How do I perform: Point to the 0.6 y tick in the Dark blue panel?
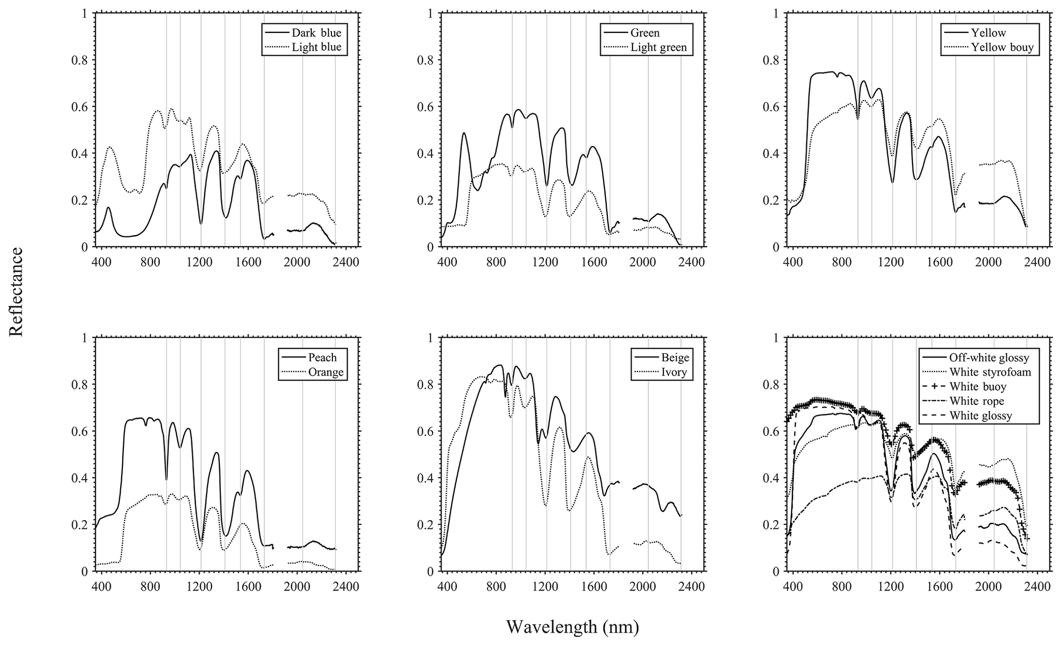pyautogui.click(x=80, y=107)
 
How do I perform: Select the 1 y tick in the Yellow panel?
pyautogui.click(x=774, y=13)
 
